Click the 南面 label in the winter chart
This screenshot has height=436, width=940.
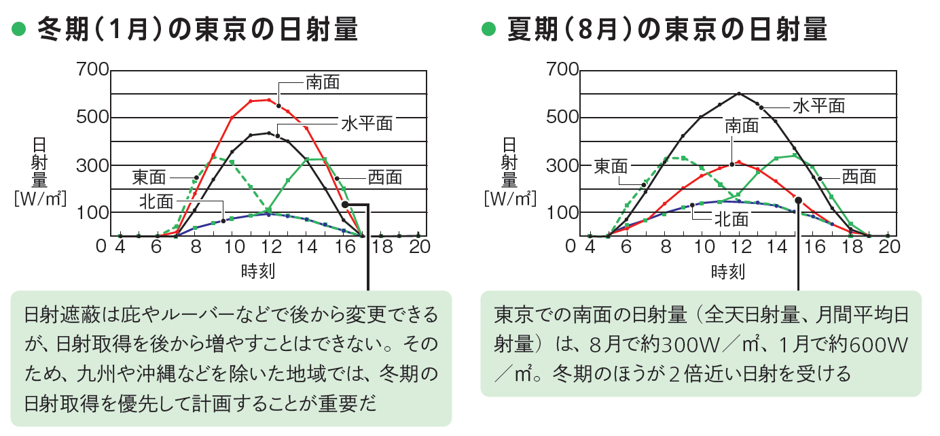(x=322, y=83)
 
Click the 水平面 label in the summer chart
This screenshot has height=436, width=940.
(x=818, y=105)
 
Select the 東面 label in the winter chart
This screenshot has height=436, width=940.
(x=149, y=178)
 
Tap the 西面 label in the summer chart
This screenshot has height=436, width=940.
(x=859, y=177)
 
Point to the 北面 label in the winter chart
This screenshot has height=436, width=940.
(x=156, y=201)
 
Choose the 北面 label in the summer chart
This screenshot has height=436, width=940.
(x=731, y=219)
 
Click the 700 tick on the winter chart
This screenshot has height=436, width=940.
(x=93, y=69)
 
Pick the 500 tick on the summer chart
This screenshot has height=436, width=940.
(x=563, y=117)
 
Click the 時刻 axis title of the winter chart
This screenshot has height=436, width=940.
(x=257, y=271)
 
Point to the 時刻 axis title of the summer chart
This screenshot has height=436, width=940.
(x=728, y=272)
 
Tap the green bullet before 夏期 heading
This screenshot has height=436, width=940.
(x=488, y=30)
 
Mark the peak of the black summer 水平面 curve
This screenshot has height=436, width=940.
(x=739, y=93)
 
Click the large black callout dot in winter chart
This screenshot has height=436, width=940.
(x=345, y=203)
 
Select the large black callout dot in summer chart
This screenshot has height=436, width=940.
(x=799, y=201)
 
